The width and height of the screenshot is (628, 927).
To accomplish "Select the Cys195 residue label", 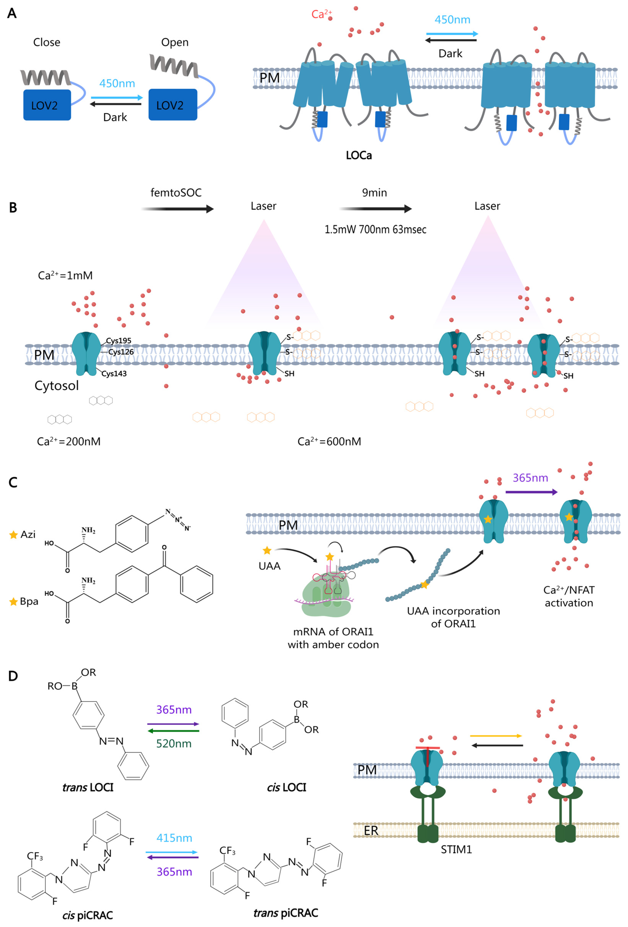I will pyautogui.click(x=119, y=340).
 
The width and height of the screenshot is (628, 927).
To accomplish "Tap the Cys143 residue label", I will pyautogui.click(x=114, y=373).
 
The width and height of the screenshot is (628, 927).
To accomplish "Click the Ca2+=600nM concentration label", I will pyautogui.click(x=329, y=442).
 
